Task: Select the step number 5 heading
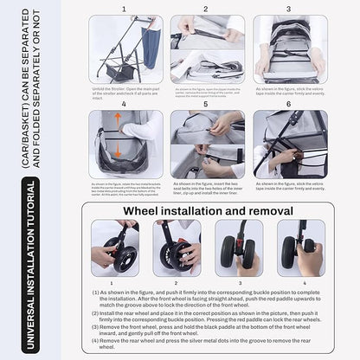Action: pyautogui.click(x=205, y=104)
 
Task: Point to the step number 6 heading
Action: pyautogui.click(x=287, y=104)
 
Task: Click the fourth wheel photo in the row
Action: pyautogui.click(x=305, y=249)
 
